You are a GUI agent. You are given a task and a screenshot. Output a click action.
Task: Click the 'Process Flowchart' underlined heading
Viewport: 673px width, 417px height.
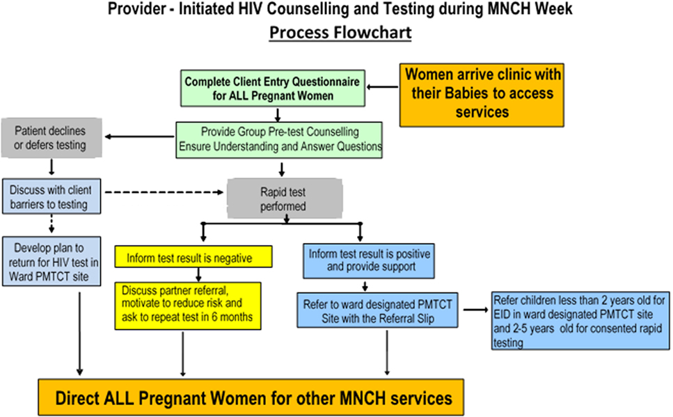[340, 33]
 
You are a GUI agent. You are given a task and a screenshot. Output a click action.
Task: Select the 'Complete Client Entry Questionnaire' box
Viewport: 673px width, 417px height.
[273, 88]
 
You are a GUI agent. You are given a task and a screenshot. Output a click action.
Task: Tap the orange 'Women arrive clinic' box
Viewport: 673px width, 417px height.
[482, 95]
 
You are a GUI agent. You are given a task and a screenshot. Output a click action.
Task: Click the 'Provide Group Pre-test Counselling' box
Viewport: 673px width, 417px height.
[279, 140]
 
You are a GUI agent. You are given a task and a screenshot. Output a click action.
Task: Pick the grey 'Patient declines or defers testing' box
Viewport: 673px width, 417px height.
[52, 138]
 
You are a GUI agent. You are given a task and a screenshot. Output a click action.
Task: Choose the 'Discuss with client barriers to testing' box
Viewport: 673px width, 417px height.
[52, 196]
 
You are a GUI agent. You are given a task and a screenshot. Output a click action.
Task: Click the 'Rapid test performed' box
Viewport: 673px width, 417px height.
[285, 199]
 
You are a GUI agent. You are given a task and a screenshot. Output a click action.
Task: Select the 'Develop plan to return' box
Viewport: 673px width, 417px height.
[52, 261]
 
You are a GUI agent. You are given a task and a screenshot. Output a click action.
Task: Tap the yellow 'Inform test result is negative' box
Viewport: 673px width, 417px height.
[193, 257]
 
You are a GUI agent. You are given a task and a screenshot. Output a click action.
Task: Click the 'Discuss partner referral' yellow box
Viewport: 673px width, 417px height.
[188, 306]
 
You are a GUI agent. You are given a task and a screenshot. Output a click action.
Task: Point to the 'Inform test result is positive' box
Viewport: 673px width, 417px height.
[369, 260]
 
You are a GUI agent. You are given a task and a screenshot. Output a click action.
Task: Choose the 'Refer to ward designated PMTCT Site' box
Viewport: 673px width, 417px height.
[377, 310]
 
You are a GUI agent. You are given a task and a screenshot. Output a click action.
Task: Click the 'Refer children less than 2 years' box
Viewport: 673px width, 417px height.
[580, 321]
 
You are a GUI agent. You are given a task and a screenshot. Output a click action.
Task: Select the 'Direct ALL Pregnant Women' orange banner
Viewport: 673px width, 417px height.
[251, 398]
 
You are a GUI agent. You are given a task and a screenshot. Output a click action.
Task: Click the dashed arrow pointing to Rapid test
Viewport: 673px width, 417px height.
[164, 192]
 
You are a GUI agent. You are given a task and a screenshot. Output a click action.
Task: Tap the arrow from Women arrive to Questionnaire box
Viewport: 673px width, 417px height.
[382, 87]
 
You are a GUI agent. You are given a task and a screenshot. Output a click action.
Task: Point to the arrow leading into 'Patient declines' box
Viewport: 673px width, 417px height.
[139, 137]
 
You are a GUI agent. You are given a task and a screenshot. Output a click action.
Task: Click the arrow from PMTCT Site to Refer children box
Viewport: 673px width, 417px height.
[476, 310]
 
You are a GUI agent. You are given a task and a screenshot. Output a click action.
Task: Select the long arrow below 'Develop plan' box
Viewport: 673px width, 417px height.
[79, 333]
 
